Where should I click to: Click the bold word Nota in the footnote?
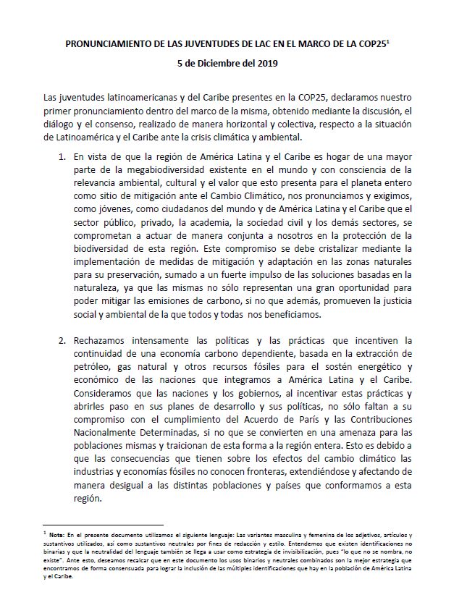pyautogui.click(x=57, y=533)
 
